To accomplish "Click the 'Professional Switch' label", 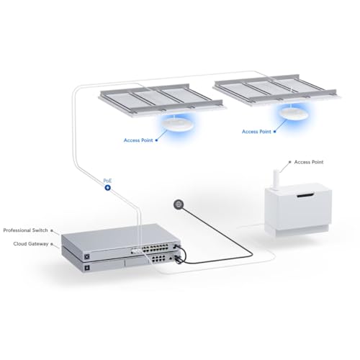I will [x=25, y=230].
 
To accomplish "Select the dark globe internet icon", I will [x=179, y=204].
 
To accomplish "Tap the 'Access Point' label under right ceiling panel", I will [x=256, y=132].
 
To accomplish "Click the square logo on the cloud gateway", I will [x=86, y=268].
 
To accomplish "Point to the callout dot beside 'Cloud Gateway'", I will [x=55, y=246].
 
